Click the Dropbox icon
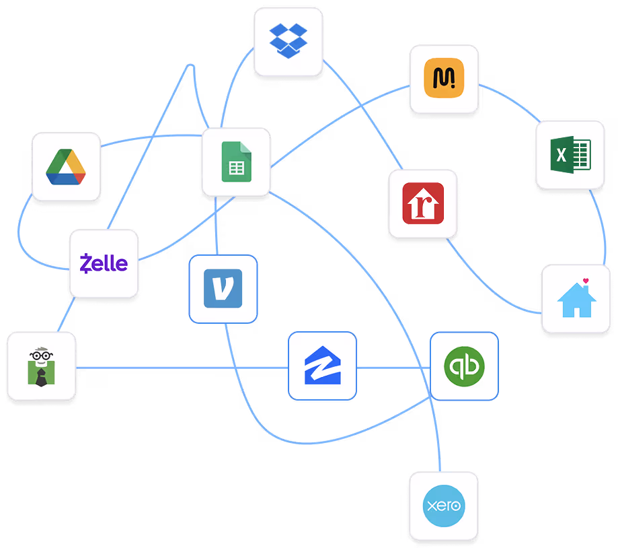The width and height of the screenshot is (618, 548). tap(288, 40)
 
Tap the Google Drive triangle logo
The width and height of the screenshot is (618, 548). tap(66, 167)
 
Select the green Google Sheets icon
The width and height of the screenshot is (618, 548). tap(236, 162)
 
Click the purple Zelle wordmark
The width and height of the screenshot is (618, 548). tap(104, 263)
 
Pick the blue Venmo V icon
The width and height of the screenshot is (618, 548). tap(223, 288)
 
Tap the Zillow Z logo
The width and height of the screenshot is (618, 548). tap(322, 366)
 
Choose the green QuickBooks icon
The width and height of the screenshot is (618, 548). tap(464, 366)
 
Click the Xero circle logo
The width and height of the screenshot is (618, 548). tap(444, 506)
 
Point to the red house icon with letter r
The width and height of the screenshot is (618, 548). tap(423, 203)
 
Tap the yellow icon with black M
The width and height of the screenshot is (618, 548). tap(445, 79)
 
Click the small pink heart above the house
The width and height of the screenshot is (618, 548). tap(586, 280)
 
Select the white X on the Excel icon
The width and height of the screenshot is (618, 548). tap(562, 156)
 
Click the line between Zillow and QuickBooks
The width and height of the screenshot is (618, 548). tap(393, 368)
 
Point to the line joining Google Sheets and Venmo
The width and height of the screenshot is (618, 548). tap(216, 226)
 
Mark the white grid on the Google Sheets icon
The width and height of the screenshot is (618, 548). tap(237, 168)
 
